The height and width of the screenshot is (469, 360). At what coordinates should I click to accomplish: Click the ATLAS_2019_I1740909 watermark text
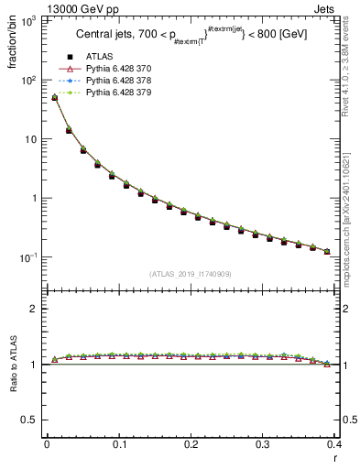tap(189, 274)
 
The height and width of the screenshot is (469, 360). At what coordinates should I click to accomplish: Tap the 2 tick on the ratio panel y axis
tap(35, 309)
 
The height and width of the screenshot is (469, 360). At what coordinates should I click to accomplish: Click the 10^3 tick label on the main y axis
tap(29, 21)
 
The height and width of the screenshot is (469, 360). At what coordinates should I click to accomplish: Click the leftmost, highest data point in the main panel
tap(54, 97)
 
